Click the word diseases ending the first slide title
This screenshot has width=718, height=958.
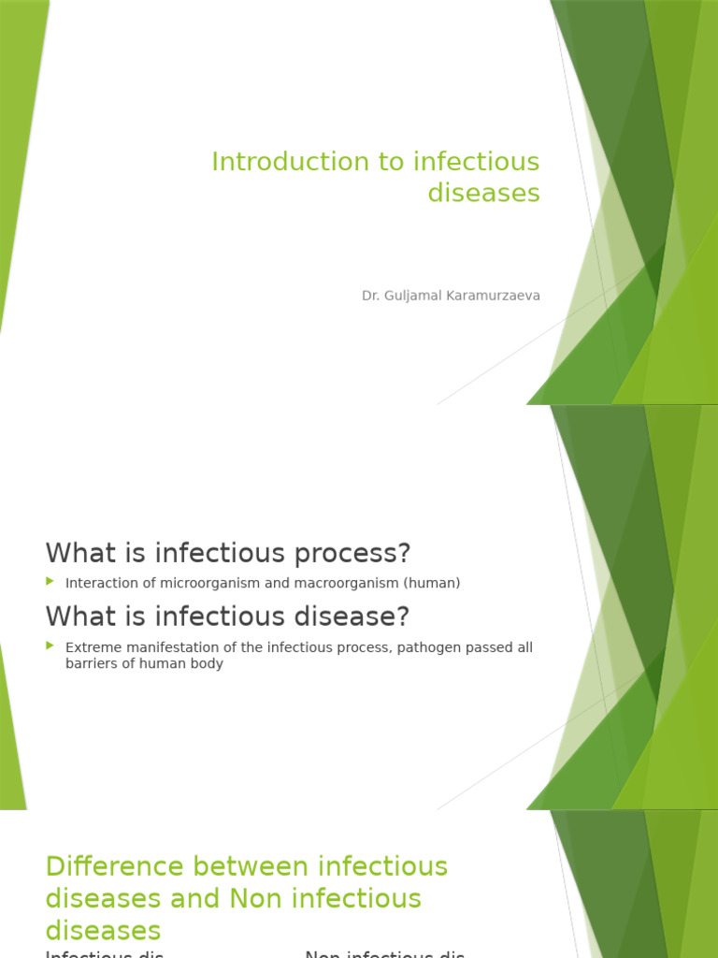click(484, 193)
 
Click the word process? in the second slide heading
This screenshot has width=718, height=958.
click(361, 553)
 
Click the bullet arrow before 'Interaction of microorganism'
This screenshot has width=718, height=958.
click(50, 582)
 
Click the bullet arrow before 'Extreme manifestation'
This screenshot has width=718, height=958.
click(50, 646)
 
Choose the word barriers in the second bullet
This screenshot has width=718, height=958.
click(93, 664)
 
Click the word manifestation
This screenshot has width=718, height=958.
click(166, 647)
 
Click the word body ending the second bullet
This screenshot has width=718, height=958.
click(208, 664)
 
